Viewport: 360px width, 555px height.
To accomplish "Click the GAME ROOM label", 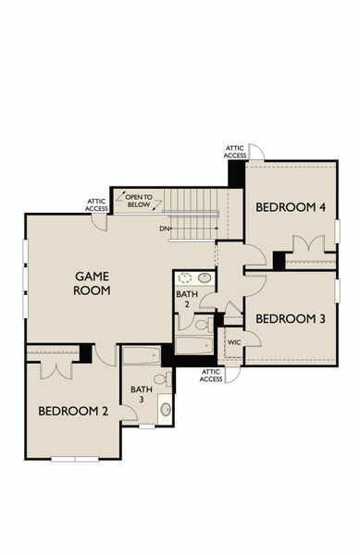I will click(93, 283).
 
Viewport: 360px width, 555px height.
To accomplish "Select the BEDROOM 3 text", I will click(291, 319).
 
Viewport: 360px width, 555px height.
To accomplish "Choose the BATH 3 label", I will click(141, 395).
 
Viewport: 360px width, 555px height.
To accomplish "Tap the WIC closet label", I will click(234, 342).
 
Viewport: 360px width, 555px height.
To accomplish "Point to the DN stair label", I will click(164, 228).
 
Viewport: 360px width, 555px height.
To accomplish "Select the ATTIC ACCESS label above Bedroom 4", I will click(235, 152).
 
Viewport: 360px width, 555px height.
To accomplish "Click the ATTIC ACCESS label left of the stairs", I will click(97, 204).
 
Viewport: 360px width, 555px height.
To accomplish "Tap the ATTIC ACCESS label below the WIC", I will click(211, 376).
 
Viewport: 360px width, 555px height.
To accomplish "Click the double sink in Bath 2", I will click(194, 277).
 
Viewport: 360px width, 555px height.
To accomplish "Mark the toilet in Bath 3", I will click(161, 379).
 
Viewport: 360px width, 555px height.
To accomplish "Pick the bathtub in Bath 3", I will click(142, 356).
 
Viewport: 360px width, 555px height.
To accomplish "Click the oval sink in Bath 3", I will click(166, 408).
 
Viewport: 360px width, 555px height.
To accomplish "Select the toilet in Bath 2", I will click(200, 325).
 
